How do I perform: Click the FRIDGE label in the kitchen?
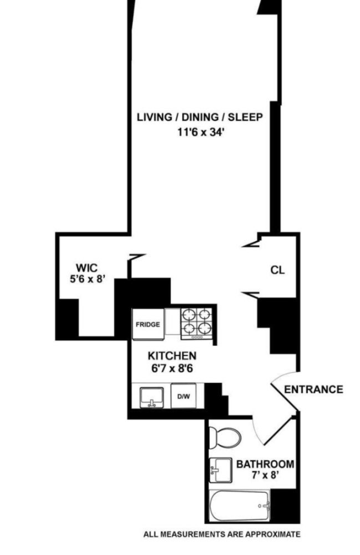pos(148,324)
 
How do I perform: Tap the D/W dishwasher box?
pos(182,396)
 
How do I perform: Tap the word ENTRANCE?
pos(313,389)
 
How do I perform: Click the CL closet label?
pos(277,270)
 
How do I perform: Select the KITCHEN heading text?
pos(171,356)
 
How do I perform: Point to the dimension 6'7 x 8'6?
pos(171,368)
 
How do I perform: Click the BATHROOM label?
pos(265,464)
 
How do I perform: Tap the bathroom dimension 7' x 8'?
pos(265,476)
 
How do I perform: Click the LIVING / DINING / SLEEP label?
pos(200,117)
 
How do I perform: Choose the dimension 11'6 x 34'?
pos(200,132)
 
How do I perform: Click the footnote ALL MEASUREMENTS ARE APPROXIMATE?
pos(222,534)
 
